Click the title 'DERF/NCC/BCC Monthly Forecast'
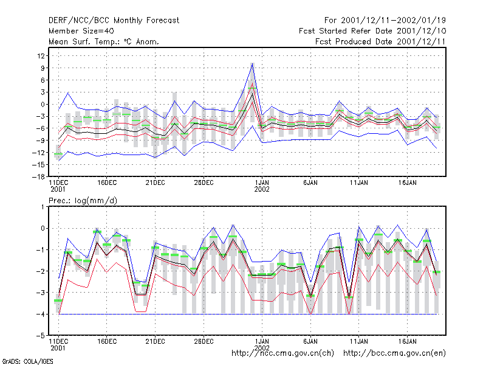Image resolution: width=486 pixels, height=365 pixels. coord(114,21)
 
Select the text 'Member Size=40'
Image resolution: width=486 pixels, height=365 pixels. coord(81,31)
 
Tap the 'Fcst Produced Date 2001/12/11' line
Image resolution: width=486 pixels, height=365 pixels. coord(380,41)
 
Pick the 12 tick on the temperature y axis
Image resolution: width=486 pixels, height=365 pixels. coord(41,56)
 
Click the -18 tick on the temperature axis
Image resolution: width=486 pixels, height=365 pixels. coord(39,176)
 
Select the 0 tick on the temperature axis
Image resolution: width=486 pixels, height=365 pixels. coord(43,104)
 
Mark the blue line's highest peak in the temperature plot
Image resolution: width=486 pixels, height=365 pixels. coord(253,64)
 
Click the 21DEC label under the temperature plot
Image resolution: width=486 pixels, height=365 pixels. coord(155,183)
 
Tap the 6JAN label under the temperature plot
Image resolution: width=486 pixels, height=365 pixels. coord(310,183)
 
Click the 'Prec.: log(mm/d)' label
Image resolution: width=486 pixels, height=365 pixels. coord(83,201)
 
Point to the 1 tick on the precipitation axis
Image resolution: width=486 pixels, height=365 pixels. coord(43,207)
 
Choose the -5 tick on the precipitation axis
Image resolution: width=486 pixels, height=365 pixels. coord(41,336)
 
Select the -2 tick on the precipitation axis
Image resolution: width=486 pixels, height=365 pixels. coord(41,271)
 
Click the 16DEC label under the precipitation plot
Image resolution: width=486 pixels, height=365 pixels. coord(107,341)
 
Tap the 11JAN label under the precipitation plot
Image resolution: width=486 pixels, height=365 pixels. coord(358,341)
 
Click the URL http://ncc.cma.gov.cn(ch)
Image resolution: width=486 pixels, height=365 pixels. coord(282,353)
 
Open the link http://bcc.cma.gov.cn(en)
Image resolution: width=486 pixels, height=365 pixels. coord(394,353)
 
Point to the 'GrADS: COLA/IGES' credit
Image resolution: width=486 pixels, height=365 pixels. coord(27,361)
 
